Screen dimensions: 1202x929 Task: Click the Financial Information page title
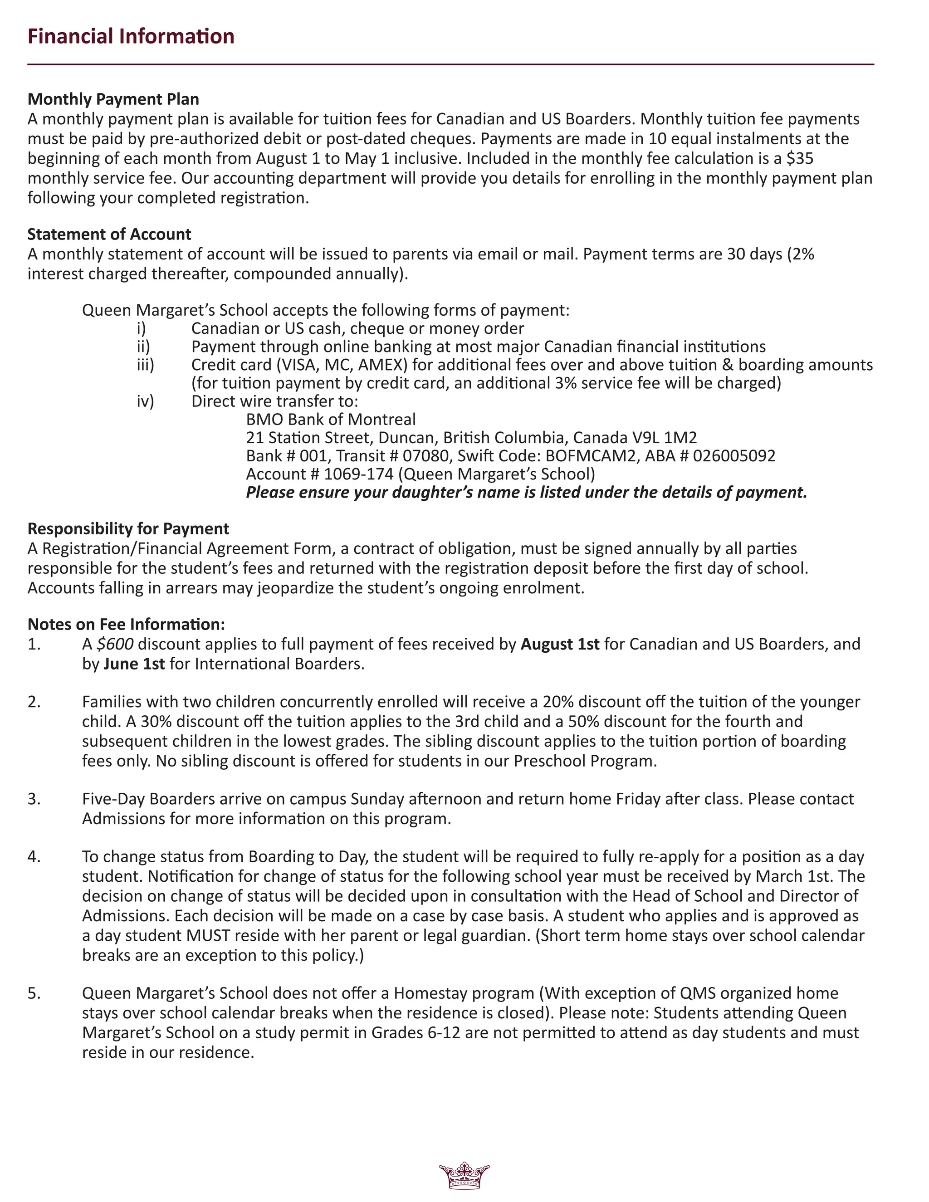tap(131, 36)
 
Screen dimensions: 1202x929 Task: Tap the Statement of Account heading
tap(109, 235)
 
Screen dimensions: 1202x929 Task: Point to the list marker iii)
tap(145, 365)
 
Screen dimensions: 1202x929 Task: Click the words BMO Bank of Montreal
tap(331, 420)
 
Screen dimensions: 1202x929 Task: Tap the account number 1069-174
tap(358, 474)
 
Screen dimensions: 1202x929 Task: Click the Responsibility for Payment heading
tap(128, 529)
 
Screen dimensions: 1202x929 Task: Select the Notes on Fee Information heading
tap(126, 625)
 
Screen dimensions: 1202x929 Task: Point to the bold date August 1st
tap(560, 644)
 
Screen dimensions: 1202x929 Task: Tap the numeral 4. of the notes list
tap(34, 857)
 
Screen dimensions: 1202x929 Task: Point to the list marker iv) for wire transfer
tap(145, 401)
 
